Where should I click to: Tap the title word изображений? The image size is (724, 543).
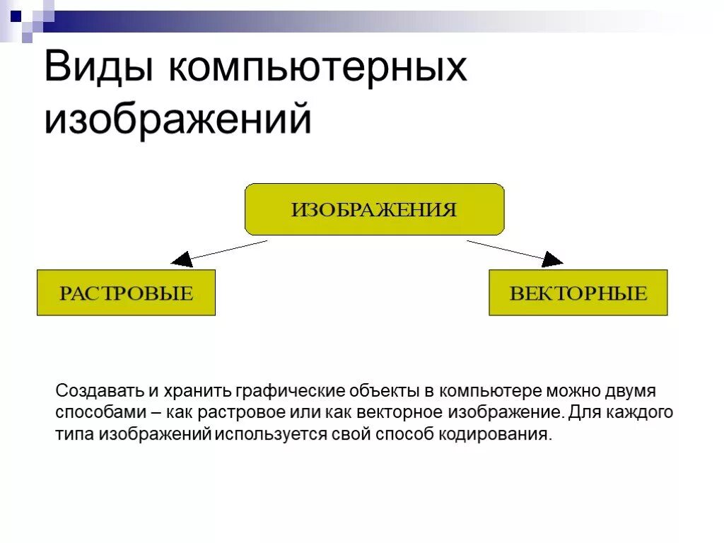177,119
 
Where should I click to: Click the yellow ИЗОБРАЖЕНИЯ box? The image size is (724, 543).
374,209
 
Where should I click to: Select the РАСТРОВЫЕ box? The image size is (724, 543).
126,293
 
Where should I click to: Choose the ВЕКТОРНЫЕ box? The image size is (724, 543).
578,293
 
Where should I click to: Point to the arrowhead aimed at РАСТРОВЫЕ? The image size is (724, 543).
182,259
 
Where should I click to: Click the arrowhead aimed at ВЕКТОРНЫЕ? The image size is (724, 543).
551,259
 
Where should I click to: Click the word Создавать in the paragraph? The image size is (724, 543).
100,391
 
